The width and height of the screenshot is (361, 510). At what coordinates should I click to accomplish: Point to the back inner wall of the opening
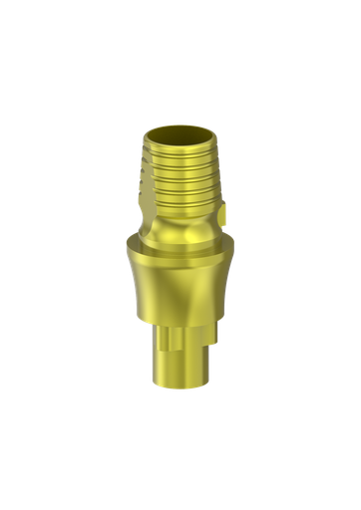(x=180, y=127)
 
